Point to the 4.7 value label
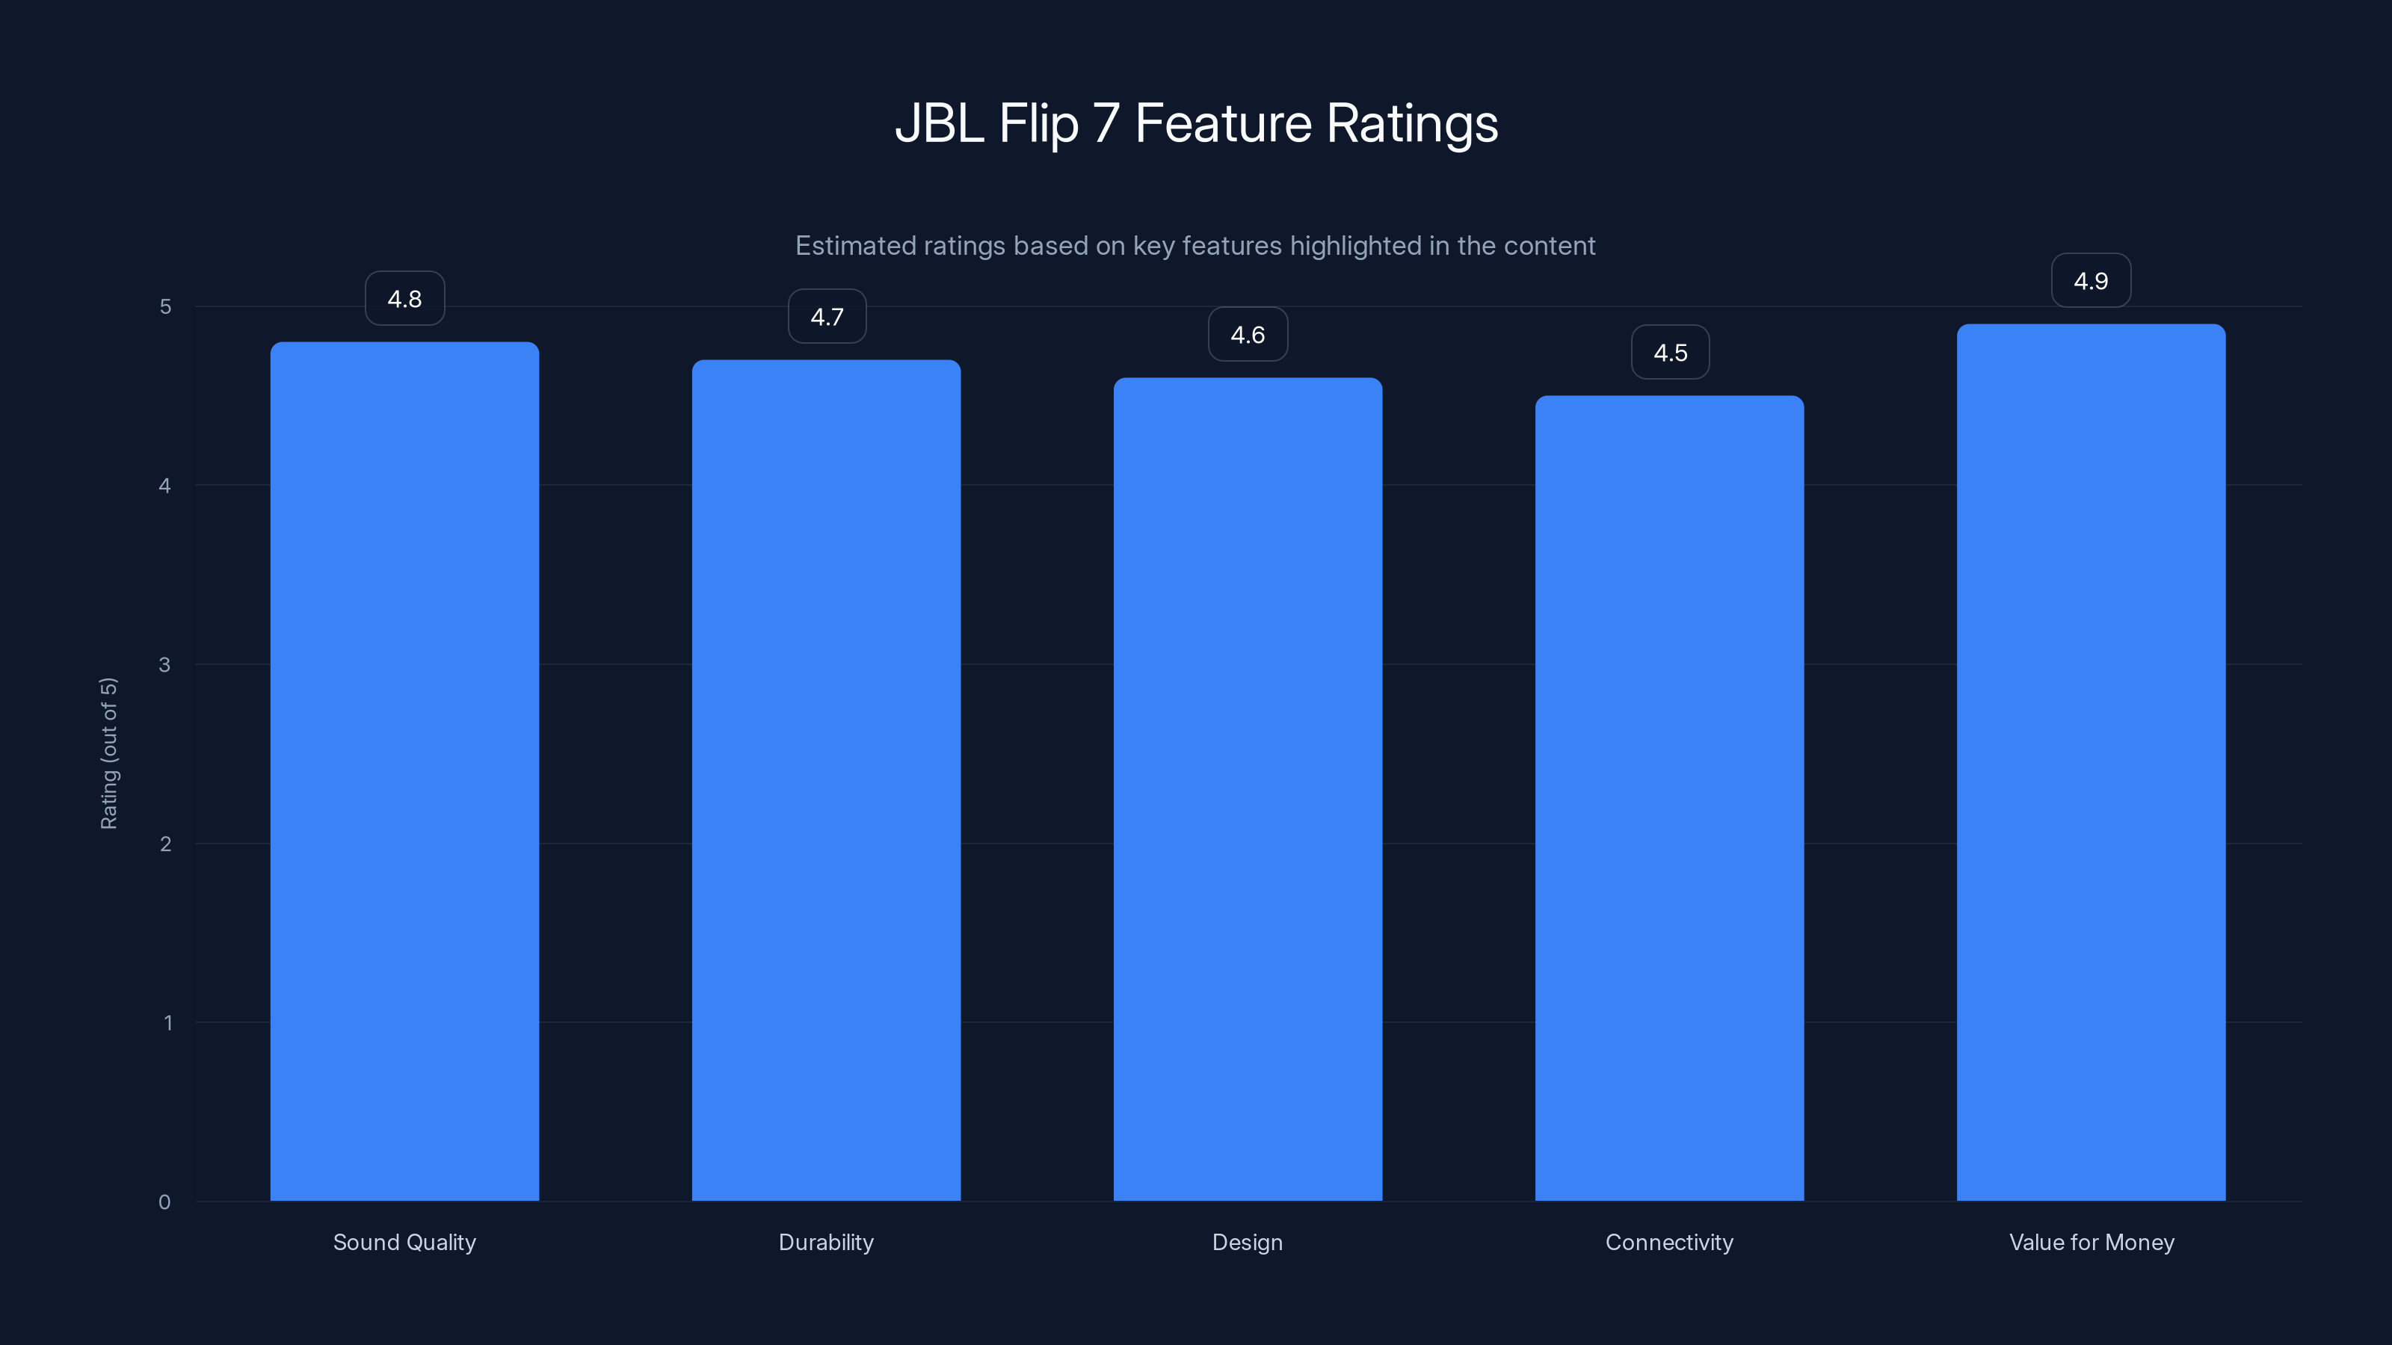(827, 317)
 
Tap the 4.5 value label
(1670, 353)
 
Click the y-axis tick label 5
(165, 306)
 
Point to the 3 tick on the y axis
(165, 664)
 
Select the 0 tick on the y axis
(165, 1202)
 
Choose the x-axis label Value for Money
(2092, 1242)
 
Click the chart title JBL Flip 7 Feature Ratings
(1196, 123)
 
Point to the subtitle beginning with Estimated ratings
(1195, 245)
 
